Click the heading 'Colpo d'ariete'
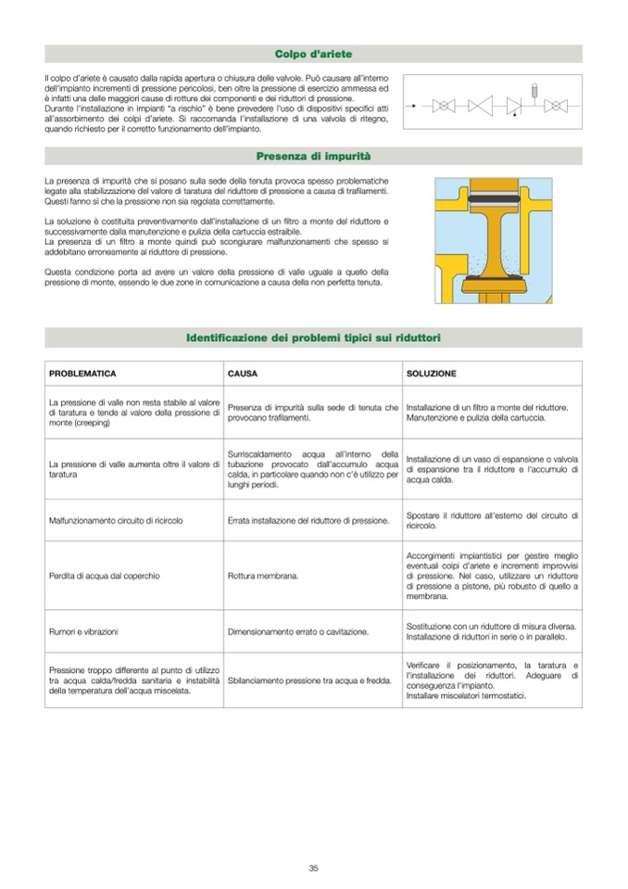[x=313, y=55]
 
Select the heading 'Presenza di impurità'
[x=313, y=156]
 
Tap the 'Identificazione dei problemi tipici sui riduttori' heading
[x=313, y=337]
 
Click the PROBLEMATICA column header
[x=82, y=374]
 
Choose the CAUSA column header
[x=243, y=374]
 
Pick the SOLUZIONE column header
[x=431, y=374]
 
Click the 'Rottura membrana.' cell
[x=263, y=576]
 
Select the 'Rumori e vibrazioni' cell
[x=83, y=631]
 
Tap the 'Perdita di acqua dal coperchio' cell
[x=104, y=576]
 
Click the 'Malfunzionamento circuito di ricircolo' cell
[x=115, y=520]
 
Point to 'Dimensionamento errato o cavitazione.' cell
[x=297, y=631]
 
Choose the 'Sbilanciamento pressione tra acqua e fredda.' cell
[x=307, y=680]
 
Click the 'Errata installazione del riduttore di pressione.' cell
[x=308, y=520]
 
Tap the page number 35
[x=313, y=868]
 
